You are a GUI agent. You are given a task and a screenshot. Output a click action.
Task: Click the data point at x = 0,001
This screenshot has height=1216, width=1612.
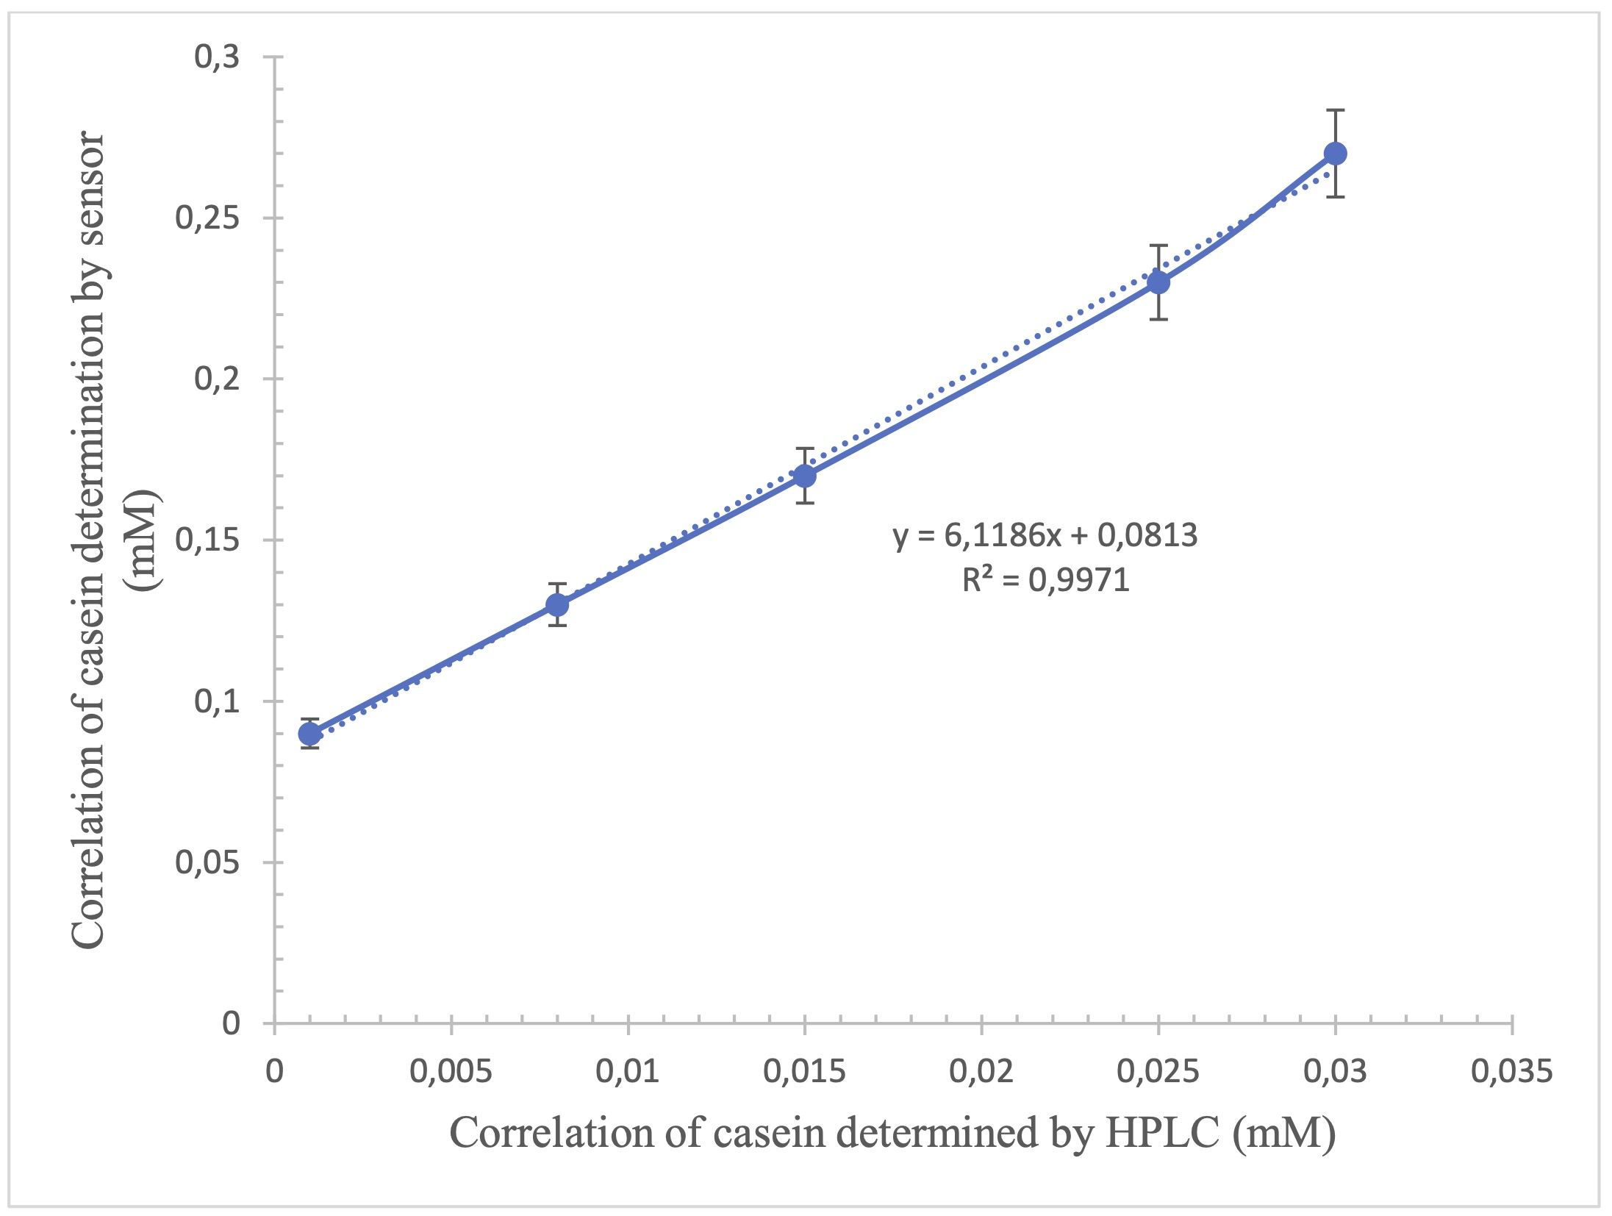tap(310, 734)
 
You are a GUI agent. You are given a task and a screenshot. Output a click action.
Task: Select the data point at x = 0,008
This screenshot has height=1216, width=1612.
tap(557, 605)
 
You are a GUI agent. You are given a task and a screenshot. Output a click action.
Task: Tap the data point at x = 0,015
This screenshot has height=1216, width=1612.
tap(805, 476)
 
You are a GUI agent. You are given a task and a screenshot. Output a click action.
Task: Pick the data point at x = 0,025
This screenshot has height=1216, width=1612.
tap(1158, 282)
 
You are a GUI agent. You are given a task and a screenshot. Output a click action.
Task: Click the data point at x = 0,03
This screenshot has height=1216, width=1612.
tap(1335, 154)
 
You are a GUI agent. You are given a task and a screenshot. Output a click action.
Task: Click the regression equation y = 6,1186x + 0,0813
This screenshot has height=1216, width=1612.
tap(1045, 535)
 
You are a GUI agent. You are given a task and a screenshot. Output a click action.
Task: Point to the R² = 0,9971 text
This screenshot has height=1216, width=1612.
tap(1045, 581)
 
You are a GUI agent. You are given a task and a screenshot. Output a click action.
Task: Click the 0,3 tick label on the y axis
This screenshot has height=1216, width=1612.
tap(217, 57)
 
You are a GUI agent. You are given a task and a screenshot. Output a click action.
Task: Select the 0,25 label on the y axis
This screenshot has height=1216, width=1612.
tap(207, 218)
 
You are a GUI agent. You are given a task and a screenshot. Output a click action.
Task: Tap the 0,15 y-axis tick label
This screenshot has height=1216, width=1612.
tap(207, 540)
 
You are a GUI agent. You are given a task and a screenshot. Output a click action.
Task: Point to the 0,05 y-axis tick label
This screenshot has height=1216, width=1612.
tap(207, 862)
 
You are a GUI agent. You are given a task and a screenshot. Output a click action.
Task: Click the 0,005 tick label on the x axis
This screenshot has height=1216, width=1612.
tap(451, 1072)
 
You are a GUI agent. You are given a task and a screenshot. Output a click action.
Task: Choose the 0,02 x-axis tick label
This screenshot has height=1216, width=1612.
tap(981, 1072)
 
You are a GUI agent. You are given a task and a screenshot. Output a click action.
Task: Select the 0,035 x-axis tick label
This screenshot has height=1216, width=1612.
tap(1511, 1072)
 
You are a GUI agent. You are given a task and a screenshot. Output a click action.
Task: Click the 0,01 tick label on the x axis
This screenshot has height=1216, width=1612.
tap(628, 1072)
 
